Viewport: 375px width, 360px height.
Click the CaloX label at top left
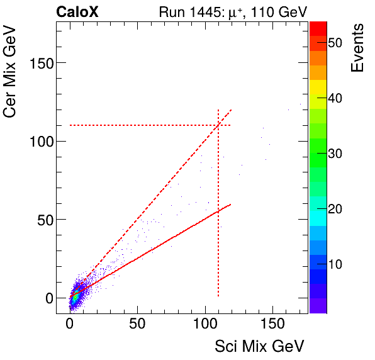77,12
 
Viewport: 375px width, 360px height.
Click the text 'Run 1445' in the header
186,12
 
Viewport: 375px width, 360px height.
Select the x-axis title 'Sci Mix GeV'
259,346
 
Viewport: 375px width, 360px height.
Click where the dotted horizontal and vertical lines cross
218,125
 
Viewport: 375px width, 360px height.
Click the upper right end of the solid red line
232,204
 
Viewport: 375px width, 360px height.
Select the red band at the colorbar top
317,28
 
